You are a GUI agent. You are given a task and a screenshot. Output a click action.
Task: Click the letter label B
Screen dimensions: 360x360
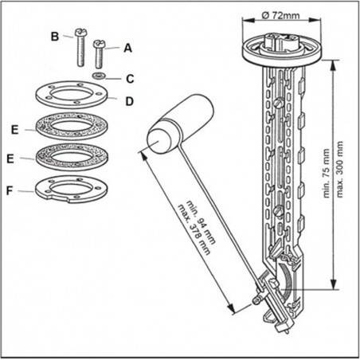point(54,36)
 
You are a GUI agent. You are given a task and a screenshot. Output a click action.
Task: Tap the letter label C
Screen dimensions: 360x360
point(128,79)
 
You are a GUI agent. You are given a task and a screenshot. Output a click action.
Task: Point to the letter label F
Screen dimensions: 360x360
point(10,191)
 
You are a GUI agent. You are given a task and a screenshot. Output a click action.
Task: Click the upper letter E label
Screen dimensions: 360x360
point(14,127)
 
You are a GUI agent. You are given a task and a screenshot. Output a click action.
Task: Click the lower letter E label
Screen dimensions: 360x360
point(10,159)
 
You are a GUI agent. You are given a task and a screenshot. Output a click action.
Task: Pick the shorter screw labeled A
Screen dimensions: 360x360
point(99,53)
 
